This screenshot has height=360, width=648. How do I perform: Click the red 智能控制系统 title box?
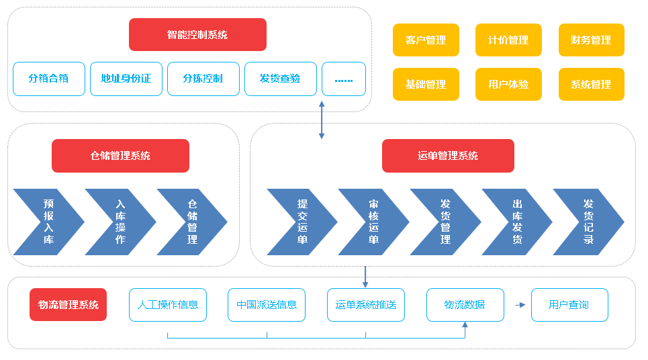click(197, 35)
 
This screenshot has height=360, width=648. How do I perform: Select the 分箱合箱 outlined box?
click(49, 79)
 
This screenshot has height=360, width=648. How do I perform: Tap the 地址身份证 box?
click(126, 79)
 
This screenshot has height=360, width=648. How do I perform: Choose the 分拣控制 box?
click(203, 79)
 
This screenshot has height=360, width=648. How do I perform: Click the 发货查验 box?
click(280, 79)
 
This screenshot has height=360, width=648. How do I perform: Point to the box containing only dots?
click(344, 79)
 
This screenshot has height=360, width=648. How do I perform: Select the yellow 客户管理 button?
click(426, 40)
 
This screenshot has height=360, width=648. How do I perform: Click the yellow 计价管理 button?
click(508, 40)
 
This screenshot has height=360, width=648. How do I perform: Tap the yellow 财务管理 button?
click(591, 40)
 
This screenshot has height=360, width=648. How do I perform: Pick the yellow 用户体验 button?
click(508, 85)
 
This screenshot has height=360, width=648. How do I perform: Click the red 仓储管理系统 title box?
click(120, 156)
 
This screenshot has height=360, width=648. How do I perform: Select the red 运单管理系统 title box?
click(448, 156)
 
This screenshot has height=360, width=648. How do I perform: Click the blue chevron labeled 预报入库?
click(47, 222)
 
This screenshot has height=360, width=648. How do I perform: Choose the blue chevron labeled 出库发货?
click(516, 222)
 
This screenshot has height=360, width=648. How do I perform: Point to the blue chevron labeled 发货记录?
click(587, 222)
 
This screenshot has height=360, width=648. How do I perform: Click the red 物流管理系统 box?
click(68, 305)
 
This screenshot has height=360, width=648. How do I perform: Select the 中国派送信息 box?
click(267, 305)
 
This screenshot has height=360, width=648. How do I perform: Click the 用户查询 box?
click(569, 305)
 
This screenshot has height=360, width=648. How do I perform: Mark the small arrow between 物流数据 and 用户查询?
click(520, 305)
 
